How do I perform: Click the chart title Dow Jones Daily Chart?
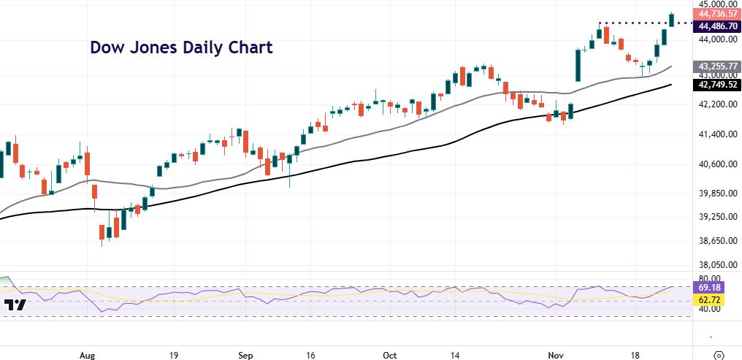(x=181, y=48)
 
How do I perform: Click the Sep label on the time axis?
(x=245, y=355)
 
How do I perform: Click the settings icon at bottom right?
(x=719, y=355)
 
